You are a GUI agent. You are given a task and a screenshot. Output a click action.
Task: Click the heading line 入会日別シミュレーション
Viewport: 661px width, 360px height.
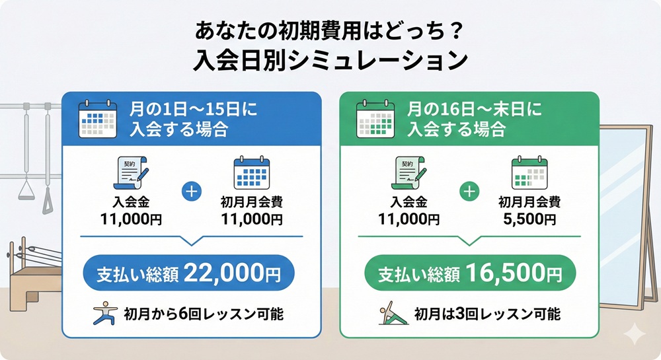click(x=330, y=61)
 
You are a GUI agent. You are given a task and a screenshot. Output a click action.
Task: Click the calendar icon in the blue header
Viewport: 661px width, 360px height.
click(x=97, y=119)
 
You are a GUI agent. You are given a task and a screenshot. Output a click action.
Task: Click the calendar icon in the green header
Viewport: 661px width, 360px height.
click(x=375, y=119)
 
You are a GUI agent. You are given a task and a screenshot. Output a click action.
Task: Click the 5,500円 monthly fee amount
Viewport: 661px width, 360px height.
click(x=527, y=219)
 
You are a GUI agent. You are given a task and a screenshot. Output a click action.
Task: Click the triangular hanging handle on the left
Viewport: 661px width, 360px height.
click(x=27, y=191)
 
